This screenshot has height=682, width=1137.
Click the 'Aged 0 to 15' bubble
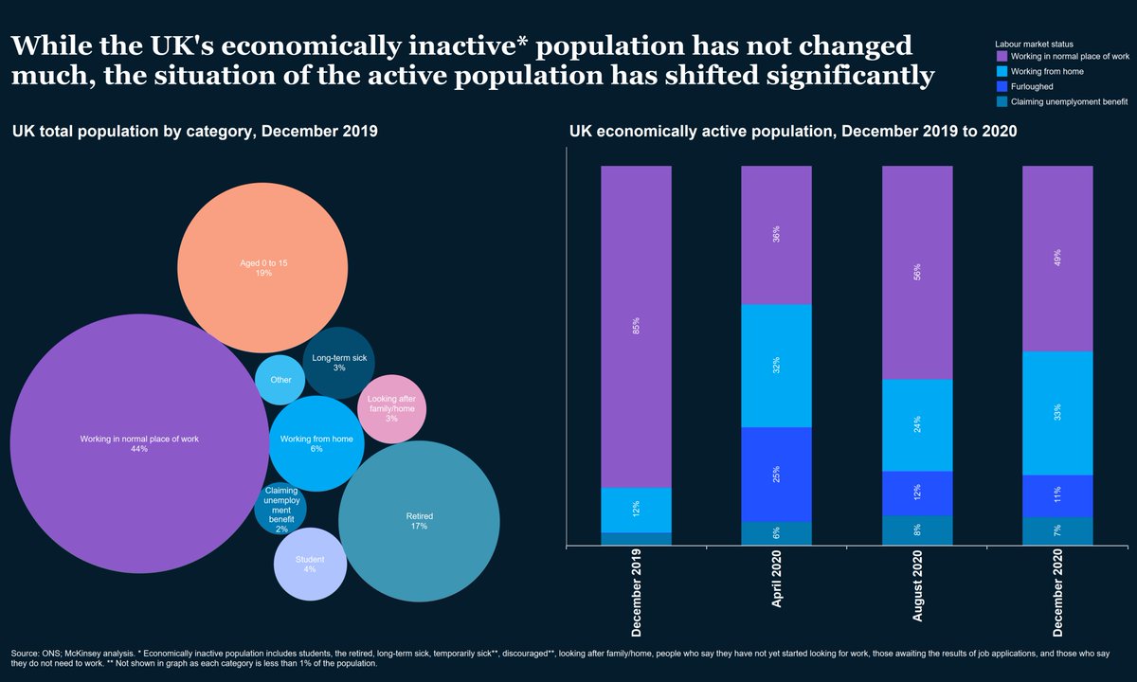click(262, 267)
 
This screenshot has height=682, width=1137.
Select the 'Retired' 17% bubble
click(419, 521)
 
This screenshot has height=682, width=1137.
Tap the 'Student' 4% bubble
click(310, 565)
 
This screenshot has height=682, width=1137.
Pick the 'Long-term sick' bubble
click(339, 362)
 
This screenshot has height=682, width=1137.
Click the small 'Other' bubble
click(280, 380)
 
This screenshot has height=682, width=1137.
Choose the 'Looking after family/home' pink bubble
click(391, 409)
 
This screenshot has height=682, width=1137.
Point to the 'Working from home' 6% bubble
click(316, 443)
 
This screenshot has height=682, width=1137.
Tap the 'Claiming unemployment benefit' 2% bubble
click(280, 510)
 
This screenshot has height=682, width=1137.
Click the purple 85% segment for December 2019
click(636, 327)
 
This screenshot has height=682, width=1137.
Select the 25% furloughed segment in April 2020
click(776, 475)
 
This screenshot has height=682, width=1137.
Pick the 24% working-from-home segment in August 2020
click(917, 425)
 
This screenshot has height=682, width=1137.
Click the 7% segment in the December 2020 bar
click(1057, 531)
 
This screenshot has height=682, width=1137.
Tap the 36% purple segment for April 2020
click(776, 235)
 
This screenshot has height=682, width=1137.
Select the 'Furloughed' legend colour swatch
click(1001, 86)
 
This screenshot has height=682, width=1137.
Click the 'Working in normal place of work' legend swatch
click(1001, 57)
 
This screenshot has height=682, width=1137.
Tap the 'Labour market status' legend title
click(1034, 44)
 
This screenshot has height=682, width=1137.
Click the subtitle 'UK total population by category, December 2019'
click(195, 132)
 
